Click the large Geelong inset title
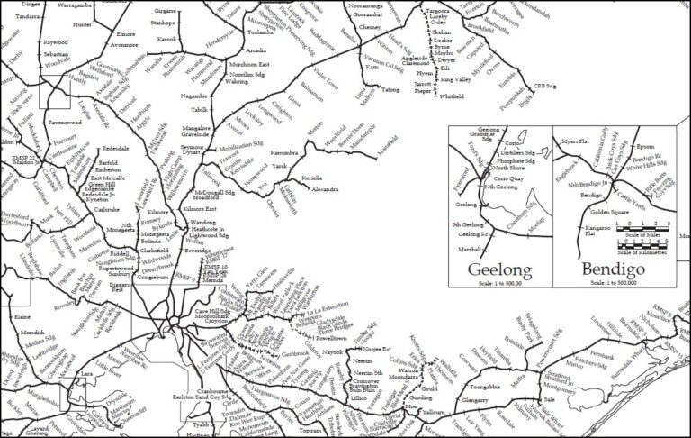tap(499, 269)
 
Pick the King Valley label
tap(455, 80)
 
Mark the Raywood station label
tap(56, 42)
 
